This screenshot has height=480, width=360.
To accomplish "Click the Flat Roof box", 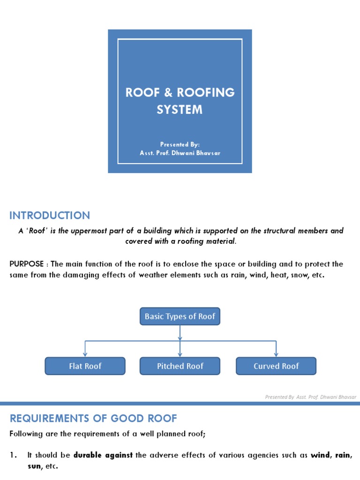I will pos(85,366).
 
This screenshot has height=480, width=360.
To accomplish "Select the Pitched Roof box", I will pos(180,366).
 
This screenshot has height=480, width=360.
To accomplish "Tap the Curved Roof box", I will pos(276,366).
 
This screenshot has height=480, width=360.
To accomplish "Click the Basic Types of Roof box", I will pos(180,316).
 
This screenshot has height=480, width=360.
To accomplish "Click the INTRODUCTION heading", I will pos(50,216).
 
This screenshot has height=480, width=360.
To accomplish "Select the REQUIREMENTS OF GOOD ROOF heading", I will pos(93,418).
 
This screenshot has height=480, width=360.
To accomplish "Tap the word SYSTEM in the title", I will pos(180,110).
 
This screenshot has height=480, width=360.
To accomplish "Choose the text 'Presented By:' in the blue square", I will pos(180,145).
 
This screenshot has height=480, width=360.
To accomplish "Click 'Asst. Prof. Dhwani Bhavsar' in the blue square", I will pos(180,153).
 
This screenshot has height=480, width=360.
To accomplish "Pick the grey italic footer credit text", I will pos(310,397).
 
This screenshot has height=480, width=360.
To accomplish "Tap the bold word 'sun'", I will pos(34,466).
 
